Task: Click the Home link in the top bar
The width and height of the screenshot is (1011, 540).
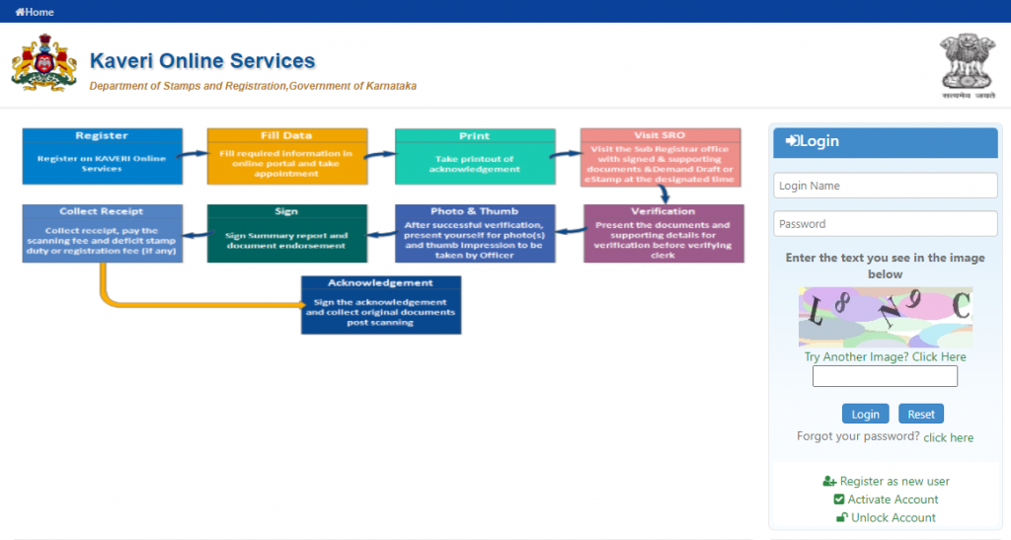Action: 35,12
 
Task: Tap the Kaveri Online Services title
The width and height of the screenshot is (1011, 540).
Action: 202,61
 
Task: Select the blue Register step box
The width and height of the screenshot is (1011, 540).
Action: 102,156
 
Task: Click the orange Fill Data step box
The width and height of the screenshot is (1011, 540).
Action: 286,156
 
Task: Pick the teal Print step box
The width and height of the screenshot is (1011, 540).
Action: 474,156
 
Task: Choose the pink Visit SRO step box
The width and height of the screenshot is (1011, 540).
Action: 660,156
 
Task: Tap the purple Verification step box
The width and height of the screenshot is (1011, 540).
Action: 662,233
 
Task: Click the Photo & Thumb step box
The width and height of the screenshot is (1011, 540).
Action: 474,233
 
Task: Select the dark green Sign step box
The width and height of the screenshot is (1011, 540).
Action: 286,233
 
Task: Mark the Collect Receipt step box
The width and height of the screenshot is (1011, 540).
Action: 102,233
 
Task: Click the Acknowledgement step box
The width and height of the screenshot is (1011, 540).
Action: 380,304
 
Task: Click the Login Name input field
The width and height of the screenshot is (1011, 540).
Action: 885,186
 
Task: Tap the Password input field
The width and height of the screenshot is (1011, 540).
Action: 885,224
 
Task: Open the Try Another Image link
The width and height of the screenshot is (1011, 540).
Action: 885,356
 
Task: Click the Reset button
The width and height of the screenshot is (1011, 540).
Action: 920,414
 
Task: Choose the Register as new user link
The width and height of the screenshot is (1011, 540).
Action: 894,481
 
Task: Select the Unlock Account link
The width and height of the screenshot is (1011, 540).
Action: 893,517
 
